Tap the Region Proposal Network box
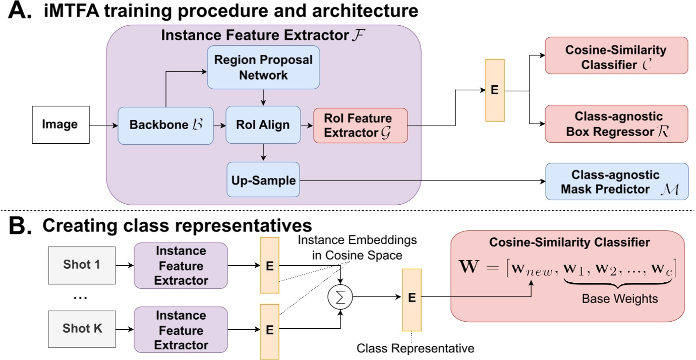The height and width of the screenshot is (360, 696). coord(263,67)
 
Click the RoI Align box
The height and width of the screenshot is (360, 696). coord(263,126)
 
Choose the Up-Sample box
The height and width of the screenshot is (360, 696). coord(263,180)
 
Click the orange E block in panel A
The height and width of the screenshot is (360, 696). coord(494,90)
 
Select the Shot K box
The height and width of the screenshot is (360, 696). coord(82,329)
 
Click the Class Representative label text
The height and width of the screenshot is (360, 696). coord(416,348)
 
